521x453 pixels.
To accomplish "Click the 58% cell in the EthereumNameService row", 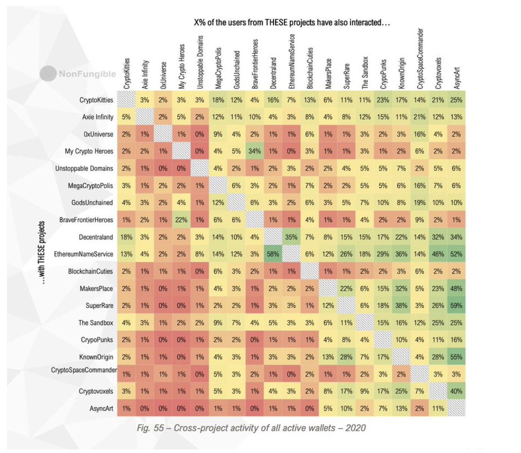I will click(273, 254).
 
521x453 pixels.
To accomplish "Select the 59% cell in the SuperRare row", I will click(456, 305).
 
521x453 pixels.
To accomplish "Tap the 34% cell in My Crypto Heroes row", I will click(254, 151).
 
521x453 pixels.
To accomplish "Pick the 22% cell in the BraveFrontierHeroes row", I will click(181, 220).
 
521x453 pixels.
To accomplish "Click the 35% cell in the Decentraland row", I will click(291, 237).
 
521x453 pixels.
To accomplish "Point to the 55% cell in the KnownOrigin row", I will click(456, 357).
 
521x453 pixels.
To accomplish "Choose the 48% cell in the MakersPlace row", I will click(456, 289).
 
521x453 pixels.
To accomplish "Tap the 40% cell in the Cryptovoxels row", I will click(456, 391).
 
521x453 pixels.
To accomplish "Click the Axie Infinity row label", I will click(98, 117).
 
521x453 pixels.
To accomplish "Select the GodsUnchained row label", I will click(92, 203).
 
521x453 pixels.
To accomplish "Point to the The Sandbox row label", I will click(96, 323).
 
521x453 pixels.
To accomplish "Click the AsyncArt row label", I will click(101, 408).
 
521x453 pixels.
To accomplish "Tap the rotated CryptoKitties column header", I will click(127, 73).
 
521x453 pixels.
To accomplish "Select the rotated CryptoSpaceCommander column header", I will click(420, 59).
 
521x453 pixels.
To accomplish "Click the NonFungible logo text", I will click(87, 74).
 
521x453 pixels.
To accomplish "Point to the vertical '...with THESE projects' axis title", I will click(42, 253).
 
